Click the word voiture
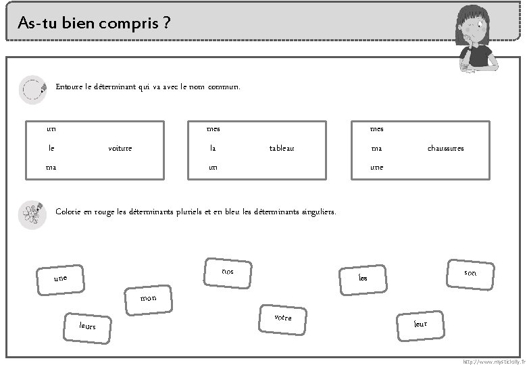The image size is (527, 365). [x=120, y=148]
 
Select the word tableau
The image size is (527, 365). [x=282, y=148]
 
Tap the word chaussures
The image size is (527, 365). [x=445, y=148]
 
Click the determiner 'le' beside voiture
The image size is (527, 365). [x=51, y=148]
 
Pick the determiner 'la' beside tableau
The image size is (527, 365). [x=213, y=148]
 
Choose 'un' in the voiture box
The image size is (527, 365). [x=51, y=128]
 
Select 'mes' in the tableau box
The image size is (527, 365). [x=213, y=128]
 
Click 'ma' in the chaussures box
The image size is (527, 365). [x=376, y=148]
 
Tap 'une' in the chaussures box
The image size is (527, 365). [x=376, y=167]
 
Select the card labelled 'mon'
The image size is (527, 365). [x=148, y=298]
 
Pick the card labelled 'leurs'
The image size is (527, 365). [x=88, y=326]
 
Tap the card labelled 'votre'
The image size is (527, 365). [x=283, y=317]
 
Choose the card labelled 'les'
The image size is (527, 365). [x=363, y=278]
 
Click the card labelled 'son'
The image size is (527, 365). [x=470, y=273]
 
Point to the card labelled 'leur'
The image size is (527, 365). [x=420, y=324]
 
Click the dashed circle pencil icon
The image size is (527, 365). [x=32, y=89]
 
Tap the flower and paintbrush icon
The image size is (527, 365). [x=32, y=215]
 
